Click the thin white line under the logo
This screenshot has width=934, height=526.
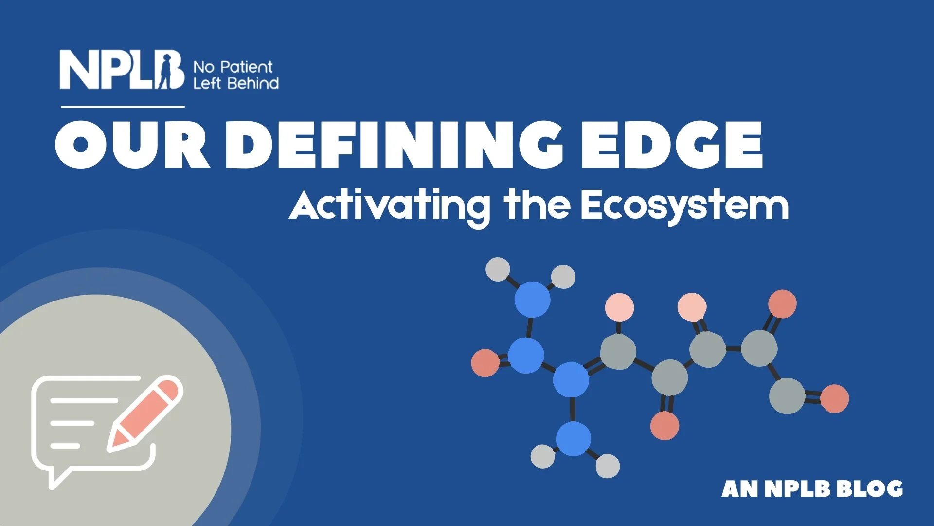coord(123,106)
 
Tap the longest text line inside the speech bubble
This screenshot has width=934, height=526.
coord(84,400)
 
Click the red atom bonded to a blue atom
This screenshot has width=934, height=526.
coord(485,363)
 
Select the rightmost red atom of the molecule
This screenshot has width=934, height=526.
coord(835,398)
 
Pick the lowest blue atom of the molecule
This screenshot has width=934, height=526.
coord(574,439)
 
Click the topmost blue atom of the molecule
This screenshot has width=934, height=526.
coord(532,300)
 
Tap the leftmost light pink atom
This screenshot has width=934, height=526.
coord(619,308)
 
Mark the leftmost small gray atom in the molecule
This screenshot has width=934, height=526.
coord(498,269)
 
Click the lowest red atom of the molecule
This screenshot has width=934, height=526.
coord(665,425)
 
